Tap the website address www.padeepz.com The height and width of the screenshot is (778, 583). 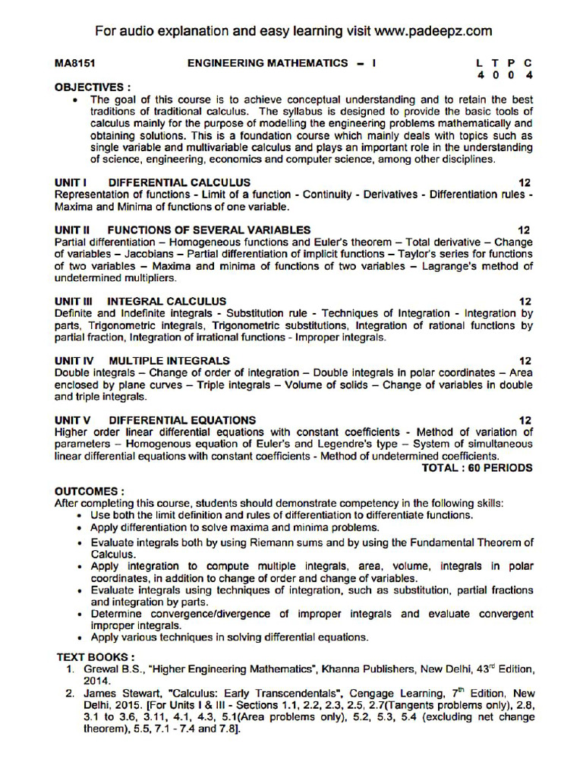433,31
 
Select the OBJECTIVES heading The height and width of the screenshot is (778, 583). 93,87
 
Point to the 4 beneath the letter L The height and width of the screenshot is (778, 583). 481,76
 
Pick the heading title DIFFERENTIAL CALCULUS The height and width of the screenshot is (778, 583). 179,183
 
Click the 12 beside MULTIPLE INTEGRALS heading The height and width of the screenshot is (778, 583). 525,361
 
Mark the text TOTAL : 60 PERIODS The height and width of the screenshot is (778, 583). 477,468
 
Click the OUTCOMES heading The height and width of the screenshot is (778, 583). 90,492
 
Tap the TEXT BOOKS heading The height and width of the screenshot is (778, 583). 96,656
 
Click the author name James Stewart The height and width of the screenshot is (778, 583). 116,694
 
